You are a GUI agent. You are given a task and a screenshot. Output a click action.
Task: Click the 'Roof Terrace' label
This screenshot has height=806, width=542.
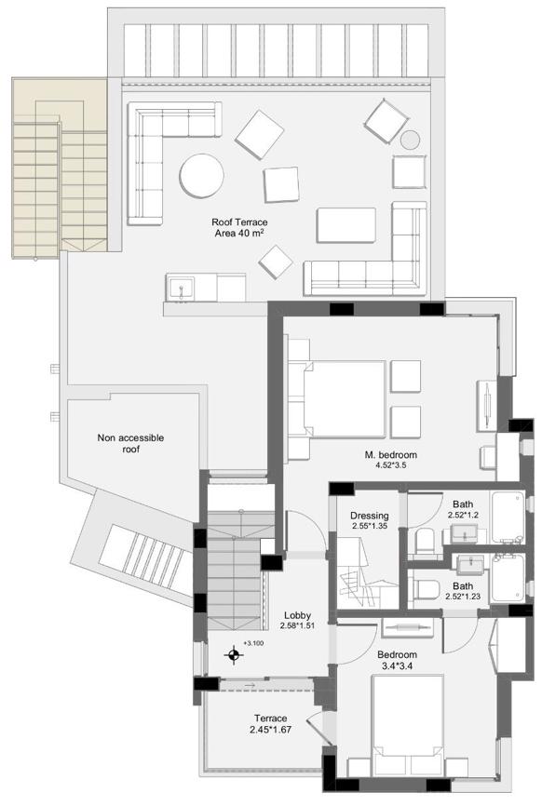[239, 222]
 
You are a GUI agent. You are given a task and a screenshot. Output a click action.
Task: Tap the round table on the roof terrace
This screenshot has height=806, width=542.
[201, 176]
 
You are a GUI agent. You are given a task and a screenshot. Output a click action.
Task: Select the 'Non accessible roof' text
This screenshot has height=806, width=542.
[130, 444]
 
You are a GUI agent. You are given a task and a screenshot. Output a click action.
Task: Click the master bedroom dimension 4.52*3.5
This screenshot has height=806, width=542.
[391, 465]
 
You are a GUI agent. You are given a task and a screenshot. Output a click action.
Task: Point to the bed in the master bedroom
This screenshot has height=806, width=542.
[344, 399]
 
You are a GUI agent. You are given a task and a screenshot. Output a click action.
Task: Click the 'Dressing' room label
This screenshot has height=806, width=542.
[369, 516]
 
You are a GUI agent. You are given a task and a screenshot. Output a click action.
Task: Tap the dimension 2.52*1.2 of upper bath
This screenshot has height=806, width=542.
[462, 515]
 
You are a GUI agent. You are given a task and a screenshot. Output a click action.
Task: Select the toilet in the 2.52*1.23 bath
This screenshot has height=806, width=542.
[425, 589]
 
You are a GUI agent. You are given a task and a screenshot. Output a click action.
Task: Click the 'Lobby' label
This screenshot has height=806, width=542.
[297, 615]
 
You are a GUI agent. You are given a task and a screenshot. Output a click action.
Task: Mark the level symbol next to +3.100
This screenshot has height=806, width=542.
[234, 655]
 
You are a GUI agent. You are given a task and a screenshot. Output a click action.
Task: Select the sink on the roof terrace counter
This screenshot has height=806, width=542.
[181, 289]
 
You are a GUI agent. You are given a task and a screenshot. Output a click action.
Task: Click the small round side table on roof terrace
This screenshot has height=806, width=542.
[411, 139]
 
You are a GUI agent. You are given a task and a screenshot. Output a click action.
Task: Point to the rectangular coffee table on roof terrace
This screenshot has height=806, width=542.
[346, 225]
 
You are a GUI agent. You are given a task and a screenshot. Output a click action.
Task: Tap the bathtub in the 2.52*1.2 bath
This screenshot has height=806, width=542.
[508, 517]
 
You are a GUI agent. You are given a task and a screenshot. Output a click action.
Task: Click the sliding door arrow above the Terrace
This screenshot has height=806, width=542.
[250, 685]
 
